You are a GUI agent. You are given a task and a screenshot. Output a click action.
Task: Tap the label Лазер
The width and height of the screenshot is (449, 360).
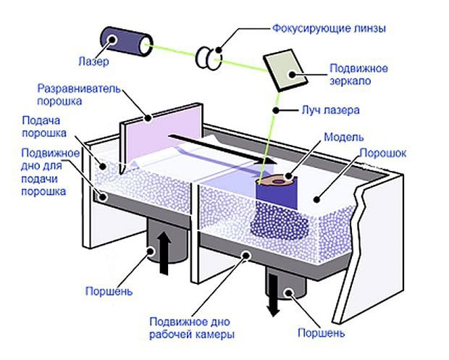point(95,62)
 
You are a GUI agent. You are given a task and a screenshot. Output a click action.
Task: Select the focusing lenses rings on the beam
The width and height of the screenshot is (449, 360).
point(208,59)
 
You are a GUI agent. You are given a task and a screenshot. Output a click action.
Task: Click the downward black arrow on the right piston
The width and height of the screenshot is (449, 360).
point(273,296)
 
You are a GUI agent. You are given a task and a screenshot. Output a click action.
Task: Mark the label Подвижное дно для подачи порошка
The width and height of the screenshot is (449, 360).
point(45,172)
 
